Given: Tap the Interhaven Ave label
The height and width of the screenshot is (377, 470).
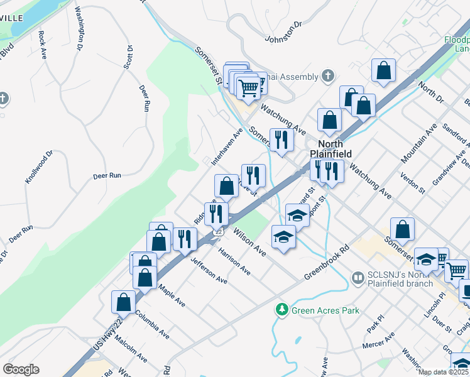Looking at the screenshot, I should tap(227, 146).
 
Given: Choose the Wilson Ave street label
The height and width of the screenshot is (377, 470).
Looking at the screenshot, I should tap(249, 241).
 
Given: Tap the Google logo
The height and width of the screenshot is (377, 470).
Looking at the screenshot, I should tap(21, 369).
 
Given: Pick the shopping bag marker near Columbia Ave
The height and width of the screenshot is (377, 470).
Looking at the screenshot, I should tap(124, 302).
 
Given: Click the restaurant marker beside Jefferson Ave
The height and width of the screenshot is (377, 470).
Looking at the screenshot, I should tap(184, 239).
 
